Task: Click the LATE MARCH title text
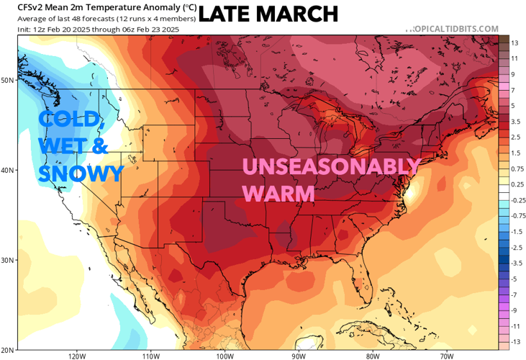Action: tap(268, 13)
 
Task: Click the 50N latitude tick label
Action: tap(7, 80)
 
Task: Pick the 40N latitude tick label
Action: tap(7, 171)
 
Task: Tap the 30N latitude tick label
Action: tap(7, 260)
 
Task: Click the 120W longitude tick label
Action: tap(77, 355)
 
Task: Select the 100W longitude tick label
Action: tap(225, 355)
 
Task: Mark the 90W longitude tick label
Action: tap(299, 355)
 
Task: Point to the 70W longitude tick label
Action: tap(446, 355)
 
